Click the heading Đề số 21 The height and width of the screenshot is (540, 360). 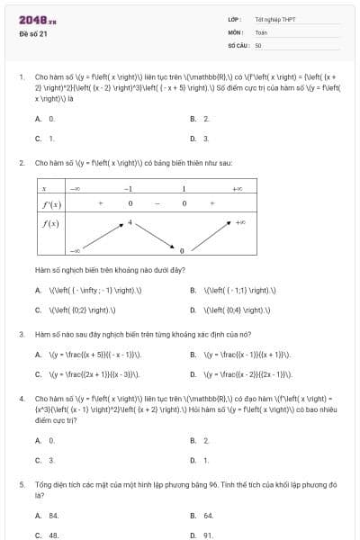click(33, 34)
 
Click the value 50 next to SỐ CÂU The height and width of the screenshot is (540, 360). click(258, 44)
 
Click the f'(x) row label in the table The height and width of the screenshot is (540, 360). click(49, 204)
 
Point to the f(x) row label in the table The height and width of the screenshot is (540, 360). click(49, 222)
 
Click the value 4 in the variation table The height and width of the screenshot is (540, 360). click(130, 220)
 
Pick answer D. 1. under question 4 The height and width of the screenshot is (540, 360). click(200, 460)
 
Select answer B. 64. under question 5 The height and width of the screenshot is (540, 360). click(202, 516)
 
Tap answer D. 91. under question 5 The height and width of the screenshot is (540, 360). click(202, 535)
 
